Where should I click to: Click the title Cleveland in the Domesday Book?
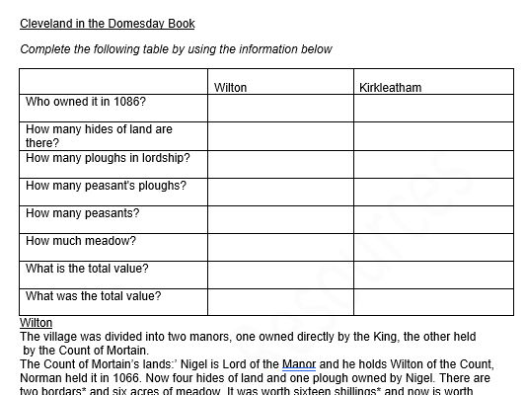[x=108, y=24]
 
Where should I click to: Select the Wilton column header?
[x=230, y=88]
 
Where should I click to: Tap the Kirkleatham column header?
[x=390, y=88]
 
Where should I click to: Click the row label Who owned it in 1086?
[x=86, y=102]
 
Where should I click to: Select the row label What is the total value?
[x=87, y=269]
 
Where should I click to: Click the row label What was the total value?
[x=93, y=296]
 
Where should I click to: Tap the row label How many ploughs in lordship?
[x=108, y=158]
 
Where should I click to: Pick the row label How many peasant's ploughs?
[x=106, y=186]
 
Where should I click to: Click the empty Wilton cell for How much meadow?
[x=280, y=247]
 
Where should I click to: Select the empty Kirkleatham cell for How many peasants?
[x=433, y=219]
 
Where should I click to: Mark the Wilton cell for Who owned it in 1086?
[x=280, y=108]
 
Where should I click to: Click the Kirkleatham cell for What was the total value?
[x=433, y=302]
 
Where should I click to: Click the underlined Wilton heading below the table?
[x=36, y=323]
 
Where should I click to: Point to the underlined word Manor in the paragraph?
[x=298, y=364]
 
